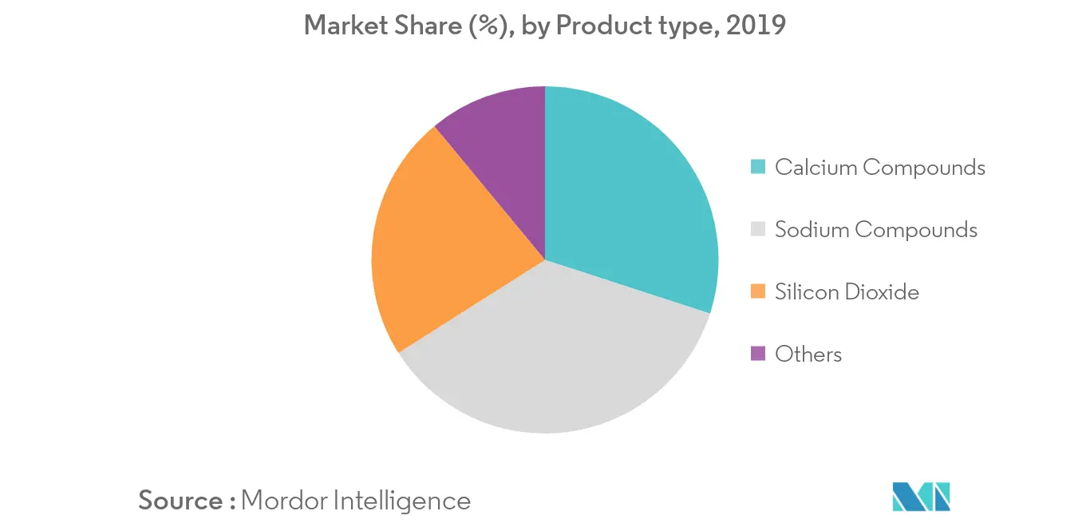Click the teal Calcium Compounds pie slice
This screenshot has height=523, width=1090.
pos(630,200)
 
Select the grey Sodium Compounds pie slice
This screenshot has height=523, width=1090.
pos(551,359)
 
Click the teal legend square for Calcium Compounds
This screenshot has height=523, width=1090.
pos(759,167)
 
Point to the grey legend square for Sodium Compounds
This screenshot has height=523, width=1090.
pos(759,230)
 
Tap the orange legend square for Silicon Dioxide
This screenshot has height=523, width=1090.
pos(759,291)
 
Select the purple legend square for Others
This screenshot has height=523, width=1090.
pos(759,354)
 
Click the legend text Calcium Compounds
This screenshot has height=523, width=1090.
pos(880,167)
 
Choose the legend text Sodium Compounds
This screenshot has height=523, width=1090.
pos(876,230)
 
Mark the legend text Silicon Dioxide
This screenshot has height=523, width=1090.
pos(847,291)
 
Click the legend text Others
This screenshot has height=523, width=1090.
pos(808,354)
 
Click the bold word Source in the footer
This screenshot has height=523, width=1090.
pos(181,501)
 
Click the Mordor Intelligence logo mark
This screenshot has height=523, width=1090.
pos(922,497)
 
